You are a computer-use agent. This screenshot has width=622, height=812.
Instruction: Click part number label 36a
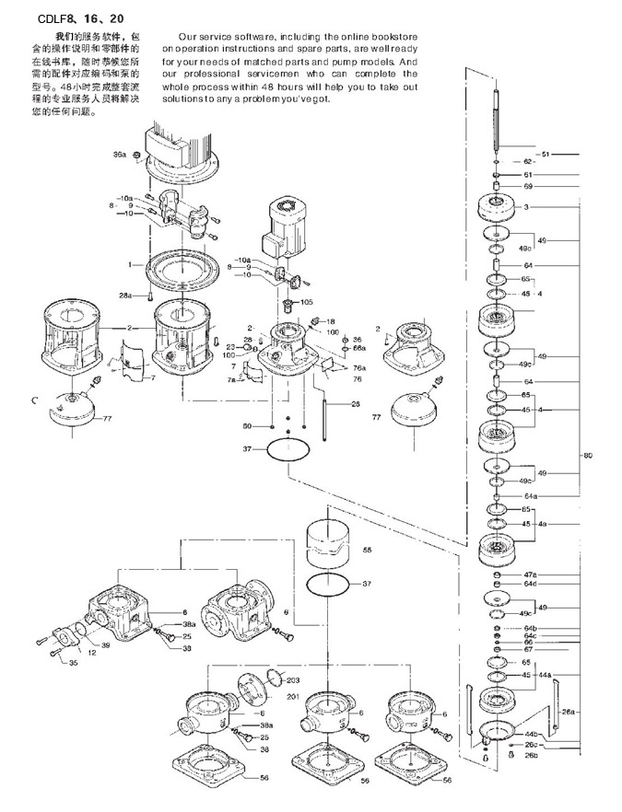119,155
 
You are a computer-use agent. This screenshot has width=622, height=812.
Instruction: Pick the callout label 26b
531,756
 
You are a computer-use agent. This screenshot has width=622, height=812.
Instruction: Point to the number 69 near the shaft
528,187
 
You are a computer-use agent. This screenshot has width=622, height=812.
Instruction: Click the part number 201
293,696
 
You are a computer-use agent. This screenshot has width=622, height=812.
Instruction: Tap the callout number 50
247,426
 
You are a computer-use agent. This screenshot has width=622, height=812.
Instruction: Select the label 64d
530,584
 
